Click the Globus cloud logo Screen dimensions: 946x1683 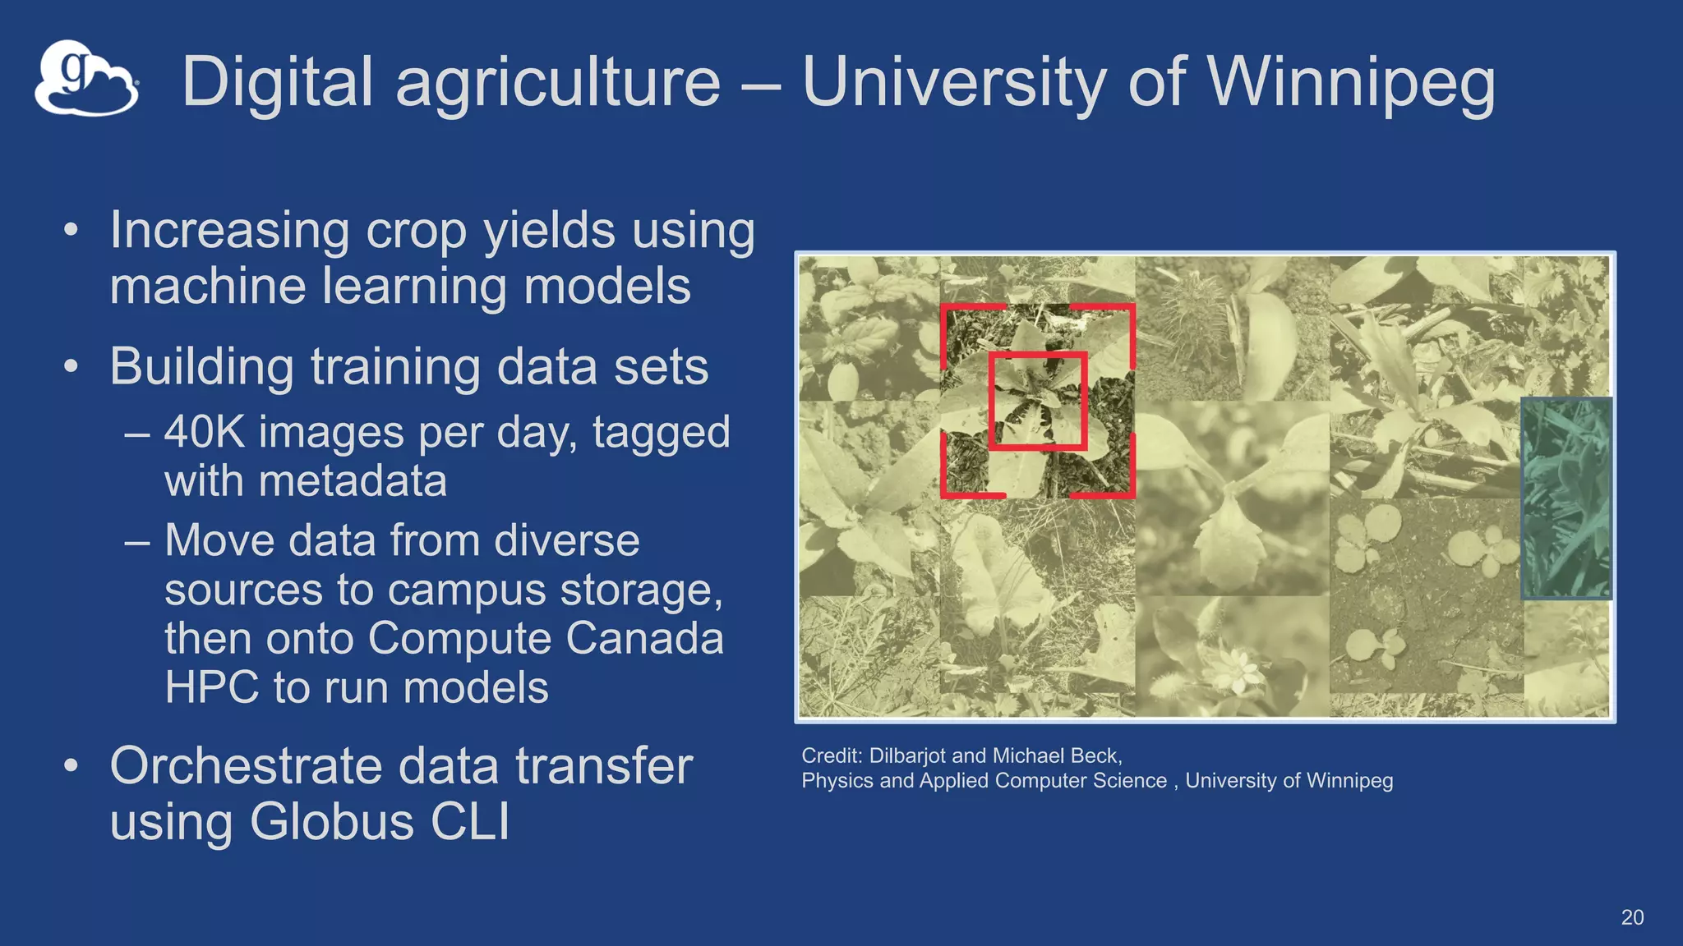tap(86, 79)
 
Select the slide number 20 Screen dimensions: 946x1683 tap(1632, 917)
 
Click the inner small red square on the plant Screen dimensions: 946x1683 tap(1038, 402)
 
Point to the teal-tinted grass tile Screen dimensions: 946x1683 tap(1566, 498)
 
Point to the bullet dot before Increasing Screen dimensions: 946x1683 tap(71, 230)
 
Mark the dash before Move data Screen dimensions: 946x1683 tap(137, 542)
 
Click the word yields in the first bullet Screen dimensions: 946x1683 tap(549, 230)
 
